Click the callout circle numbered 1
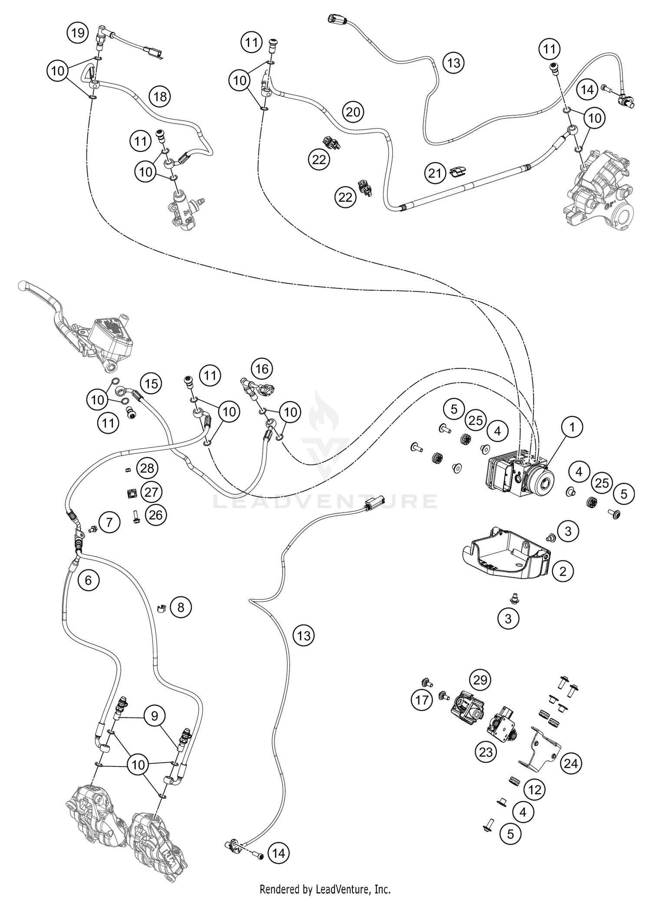572,427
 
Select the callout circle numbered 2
563,571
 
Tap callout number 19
78,33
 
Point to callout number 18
160,96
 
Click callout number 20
353,112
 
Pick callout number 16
262,369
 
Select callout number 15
151,383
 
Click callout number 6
89,580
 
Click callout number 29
480,680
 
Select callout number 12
535,790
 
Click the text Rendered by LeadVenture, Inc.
325,889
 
